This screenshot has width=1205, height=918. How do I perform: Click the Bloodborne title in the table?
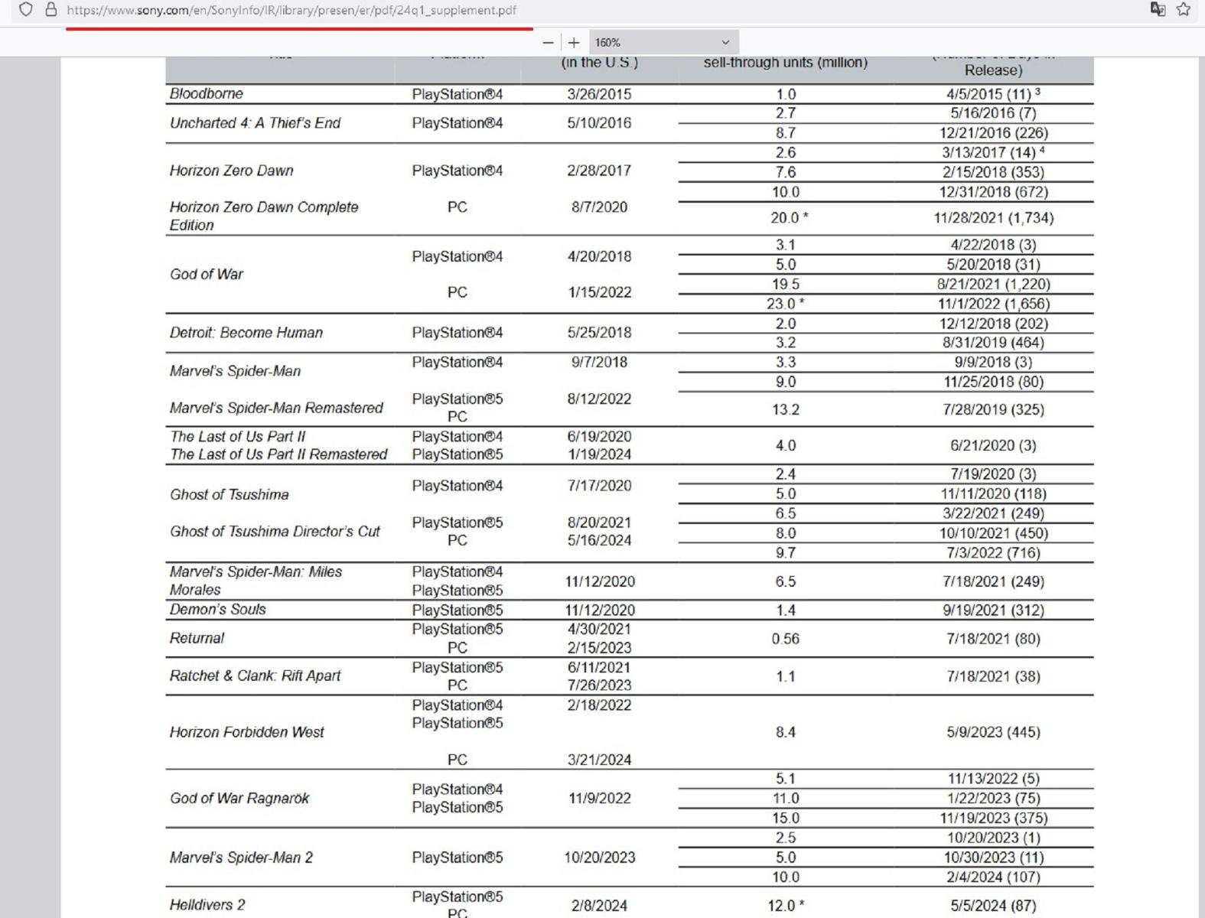pyautogui.click(x=207, y=94)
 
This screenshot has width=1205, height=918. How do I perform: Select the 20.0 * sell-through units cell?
pyautogui.click(x=789, y=218)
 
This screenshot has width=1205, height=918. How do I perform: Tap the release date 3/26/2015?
pyautogui.click(x=599, y=94)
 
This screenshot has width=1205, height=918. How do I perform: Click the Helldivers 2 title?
pyautogui.click(x=207, y=905)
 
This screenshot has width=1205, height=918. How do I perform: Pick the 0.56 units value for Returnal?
pyautogui.click(x=785, y=639)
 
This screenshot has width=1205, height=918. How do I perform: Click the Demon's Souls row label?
pyautogui.click(x=218, y=610)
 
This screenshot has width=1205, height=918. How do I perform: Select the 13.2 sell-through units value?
pyautogui.click(x=785, y=409)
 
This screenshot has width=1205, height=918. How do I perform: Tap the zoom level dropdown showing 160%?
pyautogui.click(x=663, y=43)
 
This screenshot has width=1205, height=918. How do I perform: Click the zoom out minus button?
pyautogui.click(x=548, y=43)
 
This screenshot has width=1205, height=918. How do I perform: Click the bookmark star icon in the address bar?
pyautogui.click(x=1184, y=10)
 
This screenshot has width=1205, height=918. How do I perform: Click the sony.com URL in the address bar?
pyautogui.click(x=291, y=10)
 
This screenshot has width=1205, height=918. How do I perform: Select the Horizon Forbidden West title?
pyautogui.click(x=246, y=732)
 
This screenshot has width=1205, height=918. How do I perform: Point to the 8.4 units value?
pyautogui.click(x=785, y=732)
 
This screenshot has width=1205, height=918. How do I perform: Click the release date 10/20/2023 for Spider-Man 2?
pyautogui.click(x=599, y=858)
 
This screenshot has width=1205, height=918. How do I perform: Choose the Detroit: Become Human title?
pyautogui.click(x=246, y=333)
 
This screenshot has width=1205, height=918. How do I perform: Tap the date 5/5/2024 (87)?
pyautogui.click(x=993, y=906)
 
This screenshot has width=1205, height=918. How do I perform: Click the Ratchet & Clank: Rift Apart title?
pyautogui.click(x=255, y=676)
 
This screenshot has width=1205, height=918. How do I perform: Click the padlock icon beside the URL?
pyautogui.click(x=51, y=10)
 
